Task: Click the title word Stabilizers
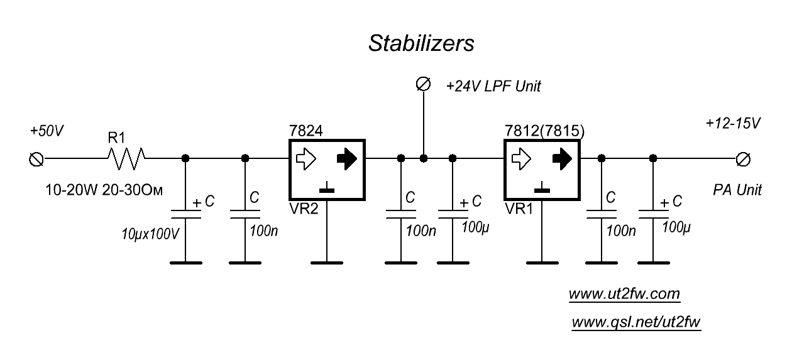click(421, 44)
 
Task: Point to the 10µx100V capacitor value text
click(151, 234)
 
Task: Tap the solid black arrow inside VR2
click(346, 159)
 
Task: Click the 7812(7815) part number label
click(545, 131)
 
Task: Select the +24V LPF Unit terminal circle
click(424, 84)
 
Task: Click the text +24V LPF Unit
click(493, 87)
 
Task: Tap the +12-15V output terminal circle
click(744, 158)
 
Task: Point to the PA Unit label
click(737, 190)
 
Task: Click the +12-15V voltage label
click(734, 123)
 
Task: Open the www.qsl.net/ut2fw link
click(635, 322)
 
